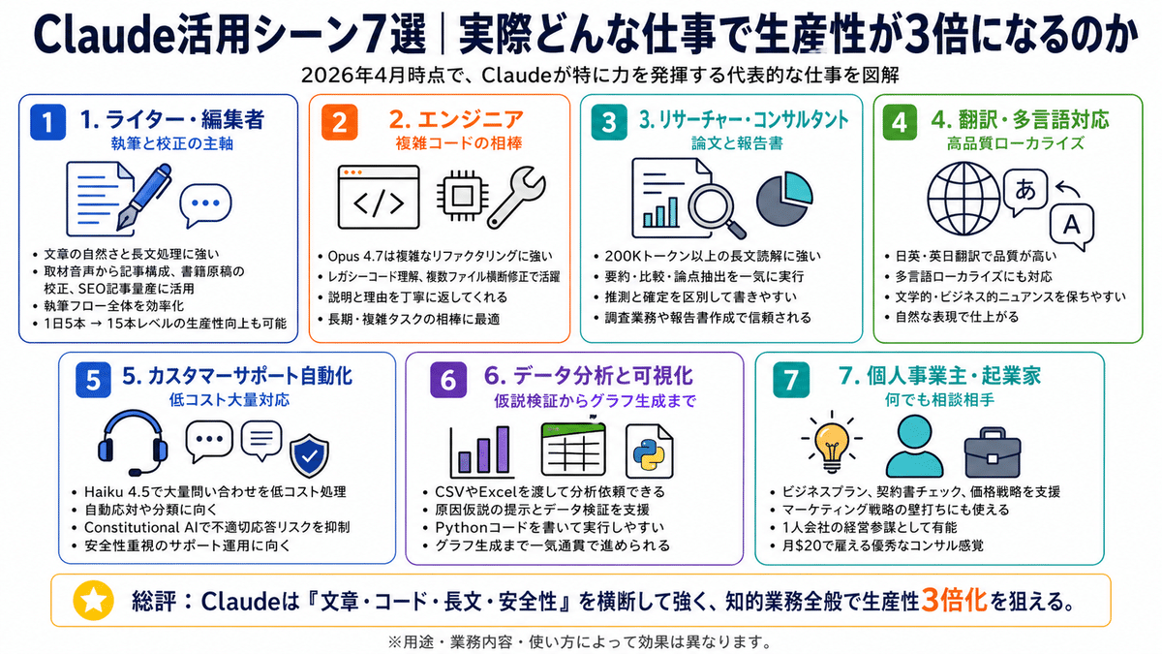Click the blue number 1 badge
coord(47,122)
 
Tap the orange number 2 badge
coord(339,122)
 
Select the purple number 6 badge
coord(448,380)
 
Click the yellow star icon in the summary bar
coord(93,601)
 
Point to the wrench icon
coord(517,197)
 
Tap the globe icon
coord(963,199)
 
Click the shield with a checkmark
coord(309,455)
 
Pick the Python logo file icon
coord(649,452)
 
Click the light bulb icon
coord(832,442)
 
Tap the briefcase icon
coord(992,452)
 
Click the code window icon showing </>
coord(379,198)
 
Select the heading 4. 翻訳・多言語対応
coord(1020,120)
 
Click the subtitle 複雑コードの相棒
coord(459,142)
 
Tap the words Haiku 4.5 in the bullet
coord(116,491)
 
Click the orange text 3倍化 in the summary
coord(954,601)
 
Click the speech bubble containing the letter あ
coord(1024,192)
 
